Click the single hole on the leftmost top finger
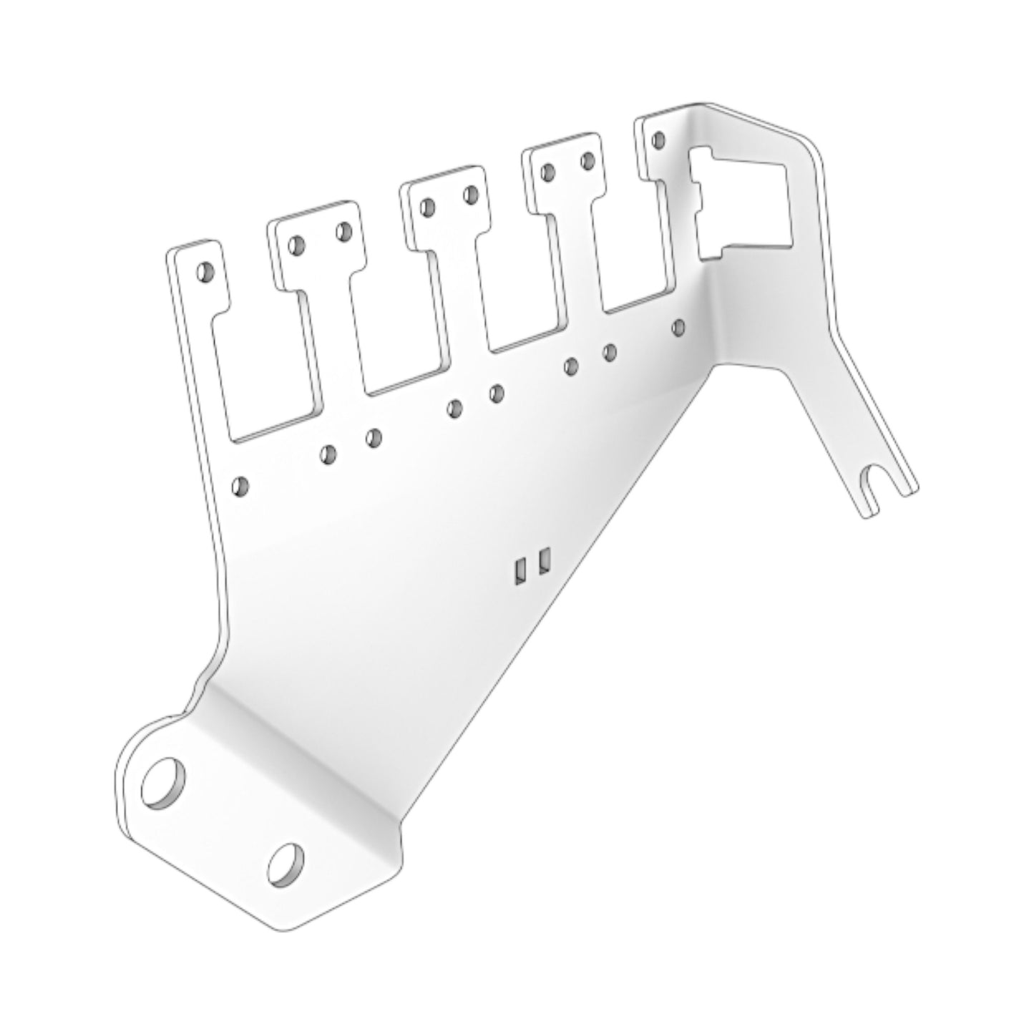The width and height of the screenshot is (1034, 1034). (205, 273)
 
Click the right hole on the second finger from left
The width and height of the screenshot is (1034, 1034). (344, 230)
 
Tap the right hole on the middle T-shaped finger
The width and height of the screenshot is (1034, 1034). (472, 195)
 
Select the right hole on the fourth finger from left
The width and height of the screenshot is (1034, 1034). (588, 160)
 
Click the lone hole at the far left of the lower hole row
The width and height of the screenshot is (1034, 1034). (241, 487)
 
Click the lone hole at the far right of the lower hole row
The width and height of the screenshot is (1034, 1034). (678, 328)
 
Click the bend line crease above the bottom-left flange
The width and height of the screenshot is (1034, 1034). (301, 744)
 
